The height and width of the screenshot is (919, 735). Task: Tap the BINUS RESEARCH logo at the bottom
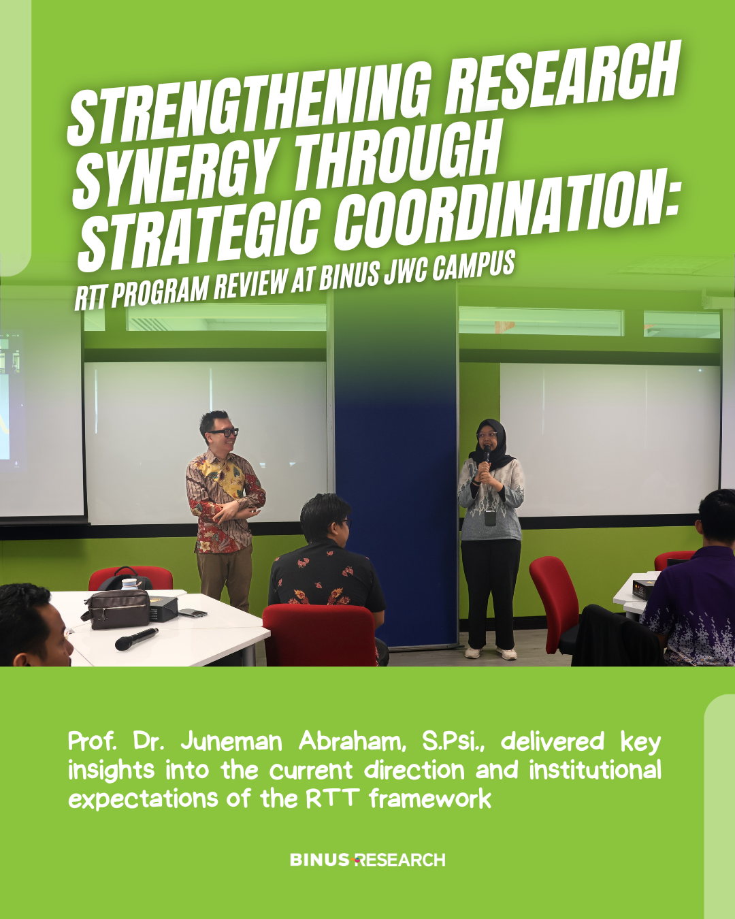click(x=367, y=859)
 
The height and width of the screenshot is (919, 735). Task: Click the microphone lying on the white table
click(x=136, y=638)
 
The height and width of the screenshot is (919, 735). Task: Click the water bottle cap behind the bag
click(x=128, y=583)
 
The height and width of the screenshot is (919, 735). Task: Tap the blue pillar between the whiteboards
click(x=396, y=470)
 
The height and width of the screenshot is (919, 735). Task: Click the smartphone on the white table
click(x=193, y=613)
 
